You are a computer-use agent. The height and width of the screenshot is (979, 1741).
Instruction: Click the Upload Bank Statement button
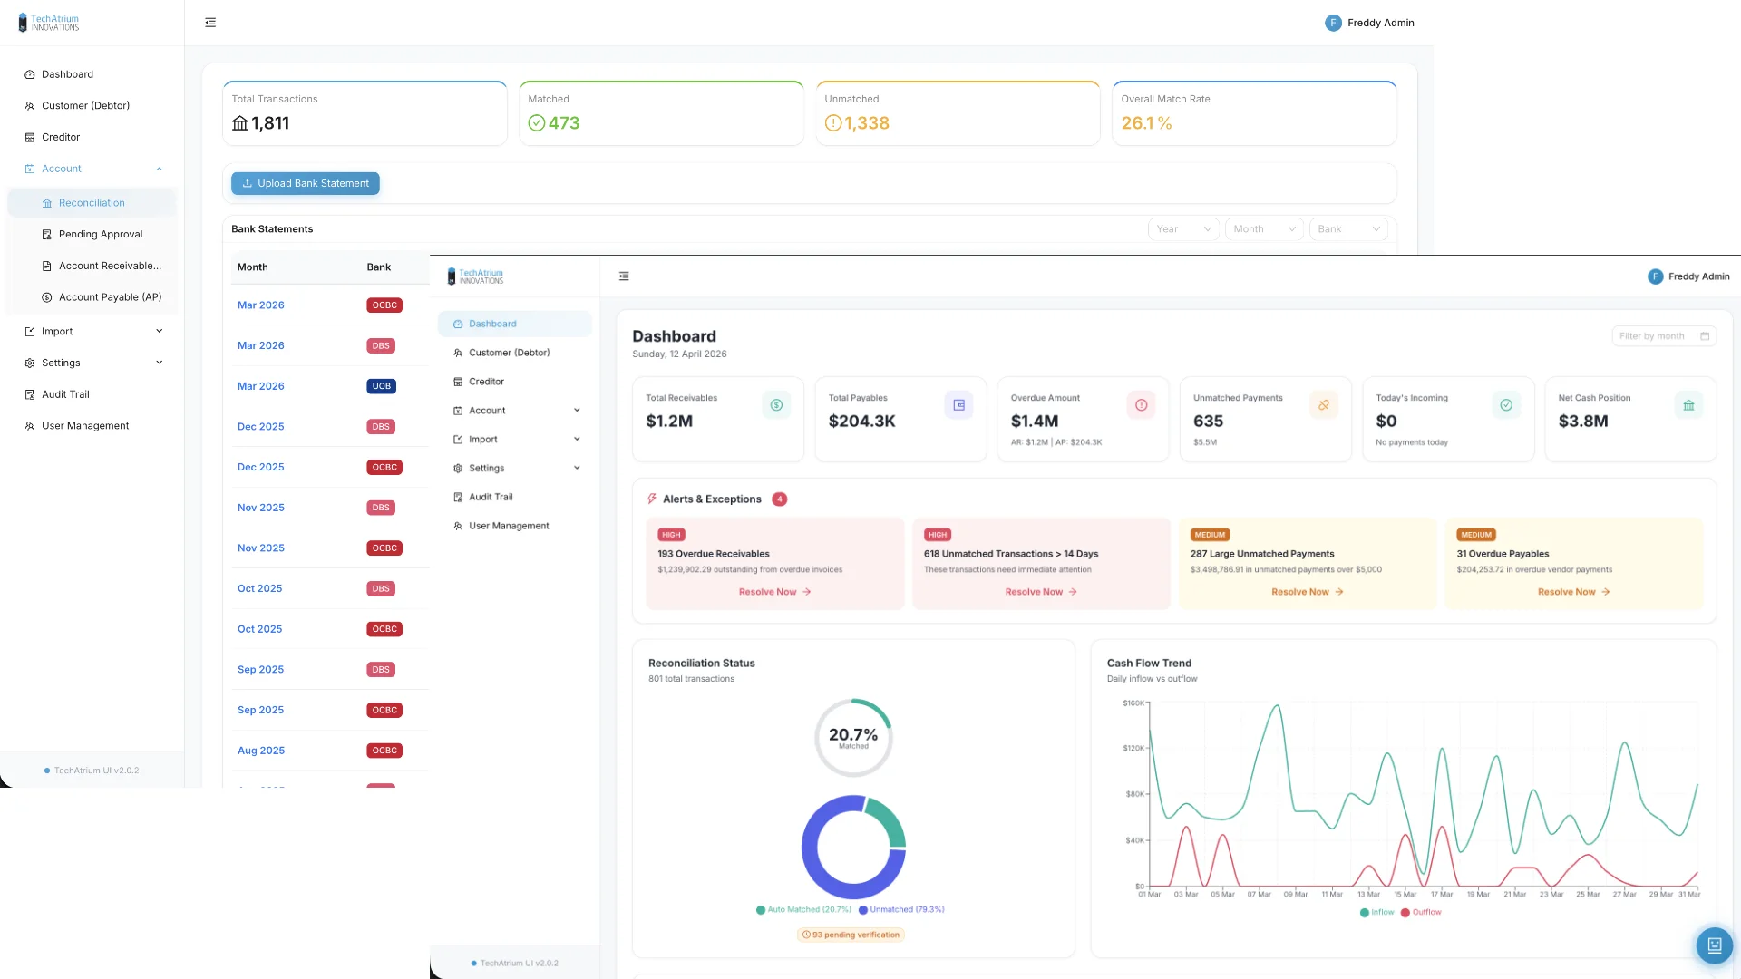tap(306, 183)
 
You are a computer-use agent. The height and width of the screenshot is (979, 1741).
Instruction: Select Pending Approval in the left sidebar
tap(100, 234)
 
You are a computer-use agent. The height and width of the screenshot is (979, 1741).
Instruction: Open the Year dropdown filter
tap(1182, 229)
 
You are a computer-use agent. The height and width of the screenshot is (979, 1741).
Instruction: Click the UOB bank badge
tap(381, 386)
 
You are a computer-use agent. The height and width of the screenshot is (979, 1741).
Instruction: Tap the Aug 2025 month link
tap(260, 751)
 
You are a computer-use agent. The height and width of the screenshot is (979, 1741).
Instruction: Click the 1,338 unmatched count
tap(866, 123)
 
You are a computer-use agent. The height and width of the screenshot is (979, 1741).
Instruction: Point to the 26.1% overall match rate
tap(1146, 123)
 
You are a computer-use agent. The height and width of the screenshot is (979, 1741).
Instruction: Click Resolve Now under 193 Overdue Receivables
tap(774, 592)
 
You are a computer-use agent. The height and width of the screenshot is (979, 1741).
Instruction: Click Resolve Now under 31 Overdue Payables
tap(1573, 592)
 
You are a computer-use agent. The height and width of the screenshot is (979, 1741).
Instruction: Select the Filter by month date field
tap(1663, 336)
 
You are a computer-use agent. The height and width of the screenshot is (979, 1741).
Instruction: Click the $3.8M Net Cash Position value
tap(1582, 421)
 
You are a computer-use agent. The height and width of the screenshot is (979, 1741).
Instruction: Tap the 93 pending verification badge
tap(851, 935)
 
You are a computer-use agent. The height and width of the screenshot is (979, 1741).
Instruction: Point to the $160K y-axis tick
tap(1133, 703)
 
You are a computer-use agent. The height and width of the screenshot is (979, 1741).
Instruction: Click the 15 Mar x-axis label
tap(1405, 895)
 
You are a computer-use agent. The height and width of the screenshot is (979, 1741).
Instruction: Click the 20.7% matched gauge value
tap(852, 735)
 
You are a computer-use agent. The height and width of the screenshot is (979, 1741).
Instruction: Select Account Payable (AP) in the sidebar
tap(110, 297)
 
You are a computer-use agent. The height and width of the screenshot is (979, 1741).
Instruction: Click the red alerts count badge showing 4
tap(779, 499)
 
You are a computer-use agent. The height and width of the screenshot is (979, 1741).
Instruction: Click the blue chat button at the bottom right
tap(1714, 945)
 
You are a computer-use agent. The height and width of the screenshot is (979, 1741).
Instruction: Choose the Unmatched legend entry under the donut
tap(901, 909)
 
